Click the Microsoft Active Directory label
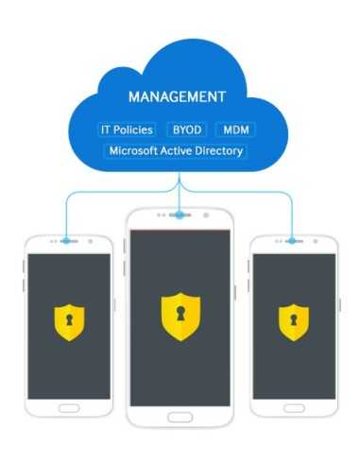click(x=176, y=150)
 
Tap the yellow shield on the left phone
click(x=70, y=320)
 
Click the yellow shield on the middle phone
click(x=180, y=316)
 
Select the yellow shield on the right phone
click(x=292, y=320)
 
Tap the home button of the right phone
click(x=292, y=408)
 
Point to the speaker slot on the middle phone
click(x=180, y=215)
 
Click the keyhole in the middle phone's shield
click(x=180, y=314)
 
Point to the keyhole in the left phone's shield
click(x=70, y=319)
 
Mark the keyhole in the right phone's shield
click(x=292, y=319)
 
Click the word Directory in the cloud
click(x=218, y=150)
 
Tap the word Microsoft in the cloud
click(x=133, y=150)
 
